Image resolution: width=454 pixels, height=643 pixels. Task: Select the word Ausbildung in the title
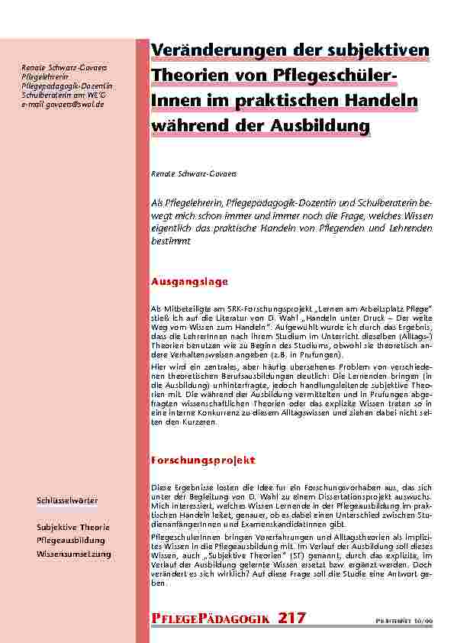pyautogui.click(x=325, y=125)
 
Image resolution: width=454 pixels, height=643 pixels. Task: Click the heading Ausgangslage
pyautogui.click(x=190, y=282)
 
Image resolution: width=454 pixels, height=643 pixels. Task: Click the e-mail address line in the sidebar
pyautogui.click(x=63, y=105)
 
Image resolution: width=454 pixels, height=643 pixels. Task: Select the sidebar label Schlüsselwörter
pyautogui.click(x=66, y=500)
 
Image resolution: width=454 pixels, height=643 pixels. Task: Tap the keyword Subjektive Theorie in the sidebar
pyautogui.click(x=73, y=527)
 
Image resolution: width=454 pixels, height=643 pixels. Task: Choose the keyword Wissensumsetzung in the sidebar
pyautogui.click(x=74, y=553)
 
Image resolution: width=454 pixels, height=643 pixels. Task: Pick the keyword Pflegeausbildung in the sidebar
pyautogui.click(x=70, y=540)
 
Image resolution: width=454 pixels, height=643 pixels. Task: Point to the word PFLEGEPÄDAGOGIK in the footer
pyautogui.click(x=211, y=618)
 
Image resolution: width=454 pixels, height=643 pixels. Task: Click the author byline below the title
pyautogui.click(x=195, y=174)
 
